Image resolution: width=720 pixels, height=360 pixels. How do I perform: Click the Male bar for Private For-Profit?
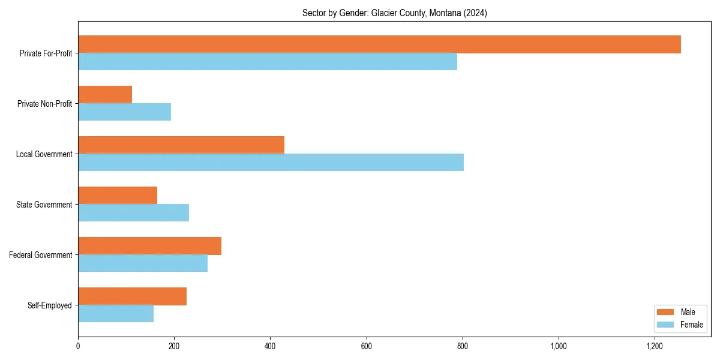(x=379, y=44)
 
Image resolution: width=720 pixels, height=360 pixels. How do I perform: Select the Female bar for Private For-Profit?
(x=268, y=62)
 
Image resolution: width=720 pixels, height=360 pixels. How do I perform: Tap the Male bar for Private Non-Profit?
(x=105, y=95)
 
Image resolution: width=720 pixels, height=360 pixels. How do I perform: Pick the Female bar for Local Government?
(x=271, y=163)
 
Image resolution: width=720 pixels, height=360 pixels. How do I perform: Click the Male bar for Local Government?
(x=181, y=145)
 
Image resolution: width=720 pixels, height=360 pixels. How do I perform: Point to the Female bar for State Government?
(x=133, y=213)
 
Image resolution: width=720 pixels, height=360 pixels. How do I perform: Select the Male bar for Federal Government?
(x=149, y=246)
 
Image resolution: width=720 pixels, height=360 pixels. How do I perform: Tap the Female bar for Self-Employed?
(x=116, y=314)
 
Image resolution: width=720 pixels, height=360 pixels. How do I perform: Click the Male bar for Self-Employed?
(x=132, y=296)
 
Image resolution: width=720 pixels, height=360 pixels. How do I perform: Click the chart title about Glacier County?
(x=394, y=13)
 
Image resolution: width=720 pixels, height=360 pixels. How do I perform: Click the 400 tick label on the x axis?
(x=270, y=347)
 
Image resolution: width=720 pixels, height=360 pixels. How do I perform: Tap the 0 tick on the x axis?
(x=78, y=347)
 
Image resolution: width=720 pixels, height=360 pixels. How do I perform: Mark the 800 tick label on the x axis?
(x=463, y=347)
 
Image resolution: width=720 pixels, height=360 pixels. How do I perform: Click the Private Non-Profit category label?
(x=44, y=104)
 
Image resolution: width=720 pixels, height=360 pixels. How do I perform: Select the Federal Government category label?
(x=40, y=255)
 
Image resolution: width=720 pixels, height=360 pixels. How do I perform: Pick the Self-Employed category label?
(x=49, y=305)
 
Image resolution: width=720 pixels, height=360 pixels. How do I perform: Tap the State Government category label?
(x=44, y=205)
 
